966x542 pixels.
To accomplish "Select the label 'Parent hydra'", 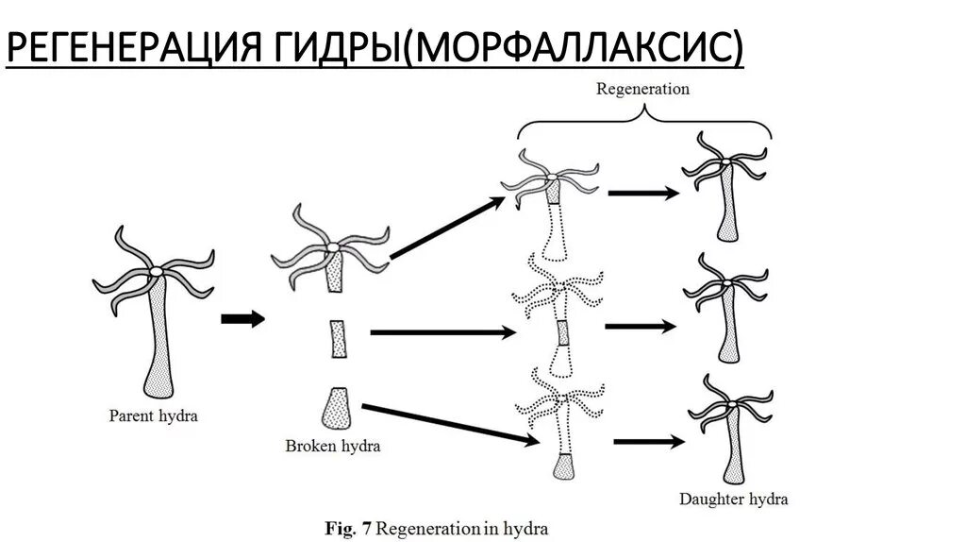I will (x=153, y=415).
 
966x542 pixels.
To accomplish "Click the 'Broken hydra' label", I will (x=332, y=446).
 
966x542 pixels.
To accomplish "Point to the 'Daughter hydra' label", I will (x=733, y=499).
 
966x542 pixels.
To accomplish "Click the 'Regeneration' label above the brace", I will (x=642, y=90).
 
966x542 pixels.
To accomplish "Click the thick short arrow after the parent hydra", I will (x=242, y=319).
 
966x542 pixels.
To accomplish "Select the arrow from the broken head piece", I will (x=449, y=227).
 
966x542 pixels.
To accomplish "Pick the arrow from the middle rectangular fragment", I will (x=443, y=331).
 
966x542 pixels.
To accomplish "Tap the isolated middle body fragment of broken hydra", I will (x=339, y=338).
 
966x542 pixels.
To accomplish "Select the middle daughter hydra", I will (x=728, y=307).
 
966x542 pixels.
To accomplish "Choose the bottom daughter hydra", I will (x=727, y=430).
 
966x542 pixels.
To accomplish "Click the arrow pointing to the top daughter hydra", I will (x=643, y=194).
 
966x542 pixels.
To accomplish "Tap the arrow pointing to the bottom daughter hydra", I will (x=648, y=441).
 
